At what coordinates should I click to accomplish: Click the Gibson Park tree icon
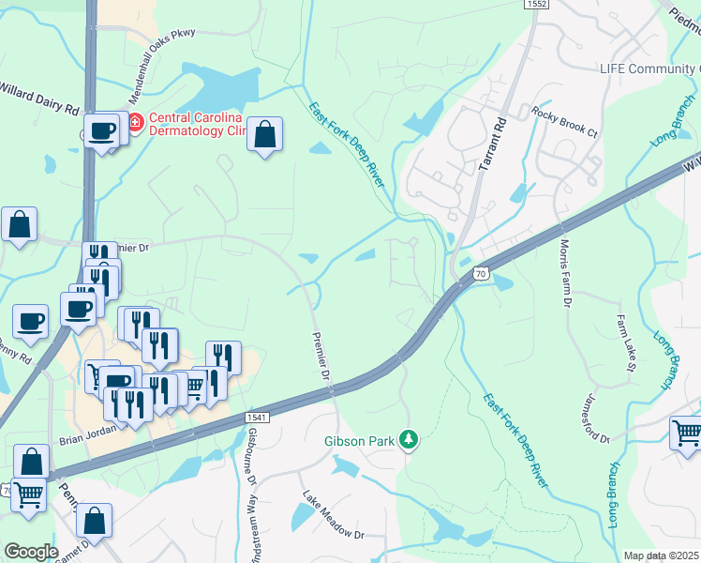coord(408,439)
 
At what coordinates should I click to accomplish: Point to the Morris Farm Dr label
coord(565,273)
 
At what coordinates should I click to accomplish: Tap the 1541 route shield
coord(257,416)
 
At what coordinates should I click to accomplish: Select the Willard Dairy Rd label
coord(39,100)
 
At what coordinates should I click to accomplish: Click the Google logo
coord(31,551)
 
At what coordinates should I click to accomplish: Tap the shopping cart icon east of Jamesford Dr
coord(687,434)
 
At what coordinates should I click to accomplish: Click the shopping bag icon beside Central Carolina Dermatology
coord(266,134)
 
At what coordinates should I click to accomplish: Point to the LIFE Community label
coord(649,69)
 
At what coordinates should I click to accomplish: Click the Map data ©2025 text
coord(662,555)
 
